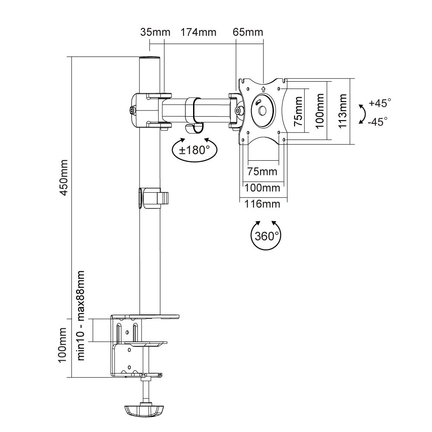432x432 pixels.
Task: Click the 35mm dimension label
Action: [155, 32]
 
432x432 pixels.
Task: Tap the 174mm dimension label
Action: [198, 32]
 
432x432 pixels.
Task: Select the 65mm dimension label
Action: [248, 32]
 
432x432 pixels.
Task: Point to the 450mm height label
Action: [64, 178]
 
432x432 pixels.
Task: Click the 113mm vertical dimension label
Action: [342, 111]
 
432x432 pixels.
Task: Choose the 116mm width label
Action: [262, 204]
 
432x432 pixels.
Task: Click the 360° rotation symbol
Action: [266, 235]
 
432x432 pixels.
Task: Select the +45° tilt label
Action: [380, 103]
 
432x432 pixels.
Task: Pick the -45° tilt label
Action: [378, 121]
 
